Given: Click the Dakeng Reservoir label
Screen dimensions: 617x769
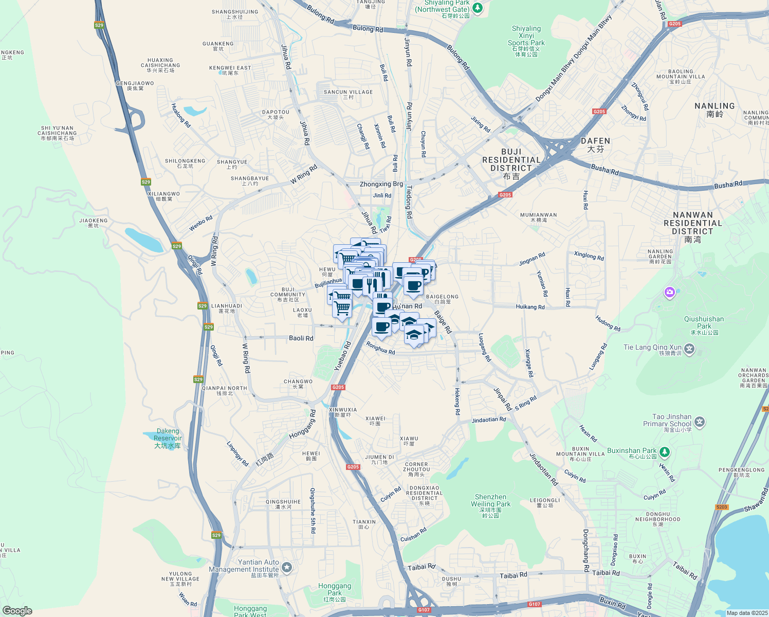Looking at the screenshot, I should [x=168, y=438].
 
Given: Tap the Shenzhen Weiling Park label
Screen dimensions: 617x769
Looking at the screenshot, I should [x=490, y=504].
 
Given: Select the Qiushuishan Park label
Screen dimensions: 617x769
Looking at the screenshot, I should [x=704, y=322].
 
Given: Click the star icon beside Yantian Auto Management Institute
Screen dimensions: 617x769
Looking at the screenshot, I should [x=287, y=568].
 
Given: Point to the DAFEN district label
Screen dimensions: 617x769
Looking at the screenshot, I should [x=595, y=144].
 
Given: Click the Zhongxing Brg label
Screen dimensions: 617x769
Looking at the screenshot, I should [x=381, y=184].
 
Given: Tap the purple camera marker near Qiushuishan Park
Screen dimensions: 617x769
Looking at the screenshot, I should [x=669, y=293].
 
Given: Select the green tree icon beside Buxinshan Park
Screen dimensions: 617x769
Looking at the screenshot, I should [x=665, y=451].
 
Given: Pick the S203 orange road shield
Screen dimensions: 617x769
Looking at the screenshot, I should [x=722, y=507].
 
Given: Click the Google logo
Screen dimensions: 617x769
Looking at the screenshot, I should [x=17, y=610].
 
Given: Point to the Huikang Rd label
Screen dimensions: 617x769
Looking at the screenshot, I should [x=530, y=307].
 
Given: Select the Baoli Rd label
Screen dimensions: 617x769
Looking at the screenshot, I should [x=301, y=338].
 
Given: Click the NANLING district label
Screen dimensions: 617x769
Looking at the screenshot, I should [x=715, y=109].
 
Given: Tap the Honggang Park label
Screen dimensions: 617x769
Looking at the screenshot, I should [x=335, y=589].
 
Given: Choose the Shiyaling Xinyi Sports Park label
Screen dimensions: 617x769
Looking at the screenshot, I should [x=526, y=40].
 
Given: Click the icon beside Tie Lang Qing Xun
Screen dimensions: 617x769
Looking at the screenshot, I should [x=689, y=350].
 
